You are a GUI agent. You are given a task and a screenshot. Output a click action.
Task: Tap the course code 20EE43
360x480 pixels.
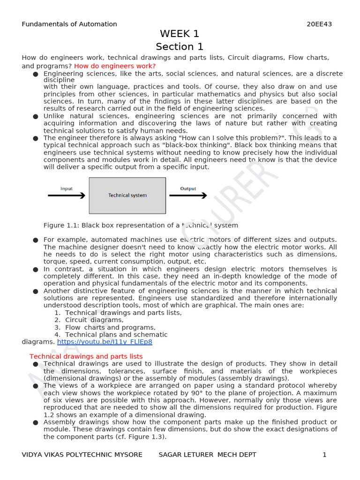[319, 24]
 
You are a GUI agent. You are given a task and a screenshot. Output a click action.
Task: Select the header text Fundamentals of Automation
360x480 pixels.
[69, 24]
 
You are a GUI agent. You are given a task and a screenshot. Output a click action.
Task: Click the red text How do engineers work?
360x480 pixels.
[115, 66]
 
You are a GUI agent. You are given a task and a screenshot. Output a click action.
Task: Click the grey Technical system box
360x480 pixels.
[127, 195]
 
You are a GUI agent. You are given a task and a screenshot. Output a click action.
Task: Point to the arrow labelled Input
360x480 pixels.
[67, 195]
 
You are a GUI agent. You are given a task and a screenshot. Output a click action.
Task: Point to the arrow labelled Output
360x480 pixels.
[188, 195]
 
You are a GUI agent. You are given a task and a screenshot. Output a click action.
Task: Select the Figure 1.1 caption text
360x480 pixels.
[141, 225]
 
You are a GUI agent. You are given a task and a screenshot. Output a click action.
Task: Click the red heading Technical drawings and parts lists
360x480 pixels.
[86, 357]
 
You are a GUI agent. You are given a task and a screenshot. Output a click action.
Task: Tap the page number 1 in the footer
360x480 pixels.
[324, 455]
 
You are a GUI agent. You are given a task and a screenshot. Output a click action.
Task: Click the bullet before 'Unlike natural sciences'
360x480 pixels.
[36, 116]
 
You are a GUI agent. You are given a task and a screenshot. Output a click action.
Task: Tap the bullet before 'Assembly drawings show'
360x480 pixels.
[36, 422]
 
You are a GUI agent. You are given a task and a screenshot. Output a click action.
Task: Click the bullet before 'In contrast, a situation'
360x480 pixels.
[36, 270]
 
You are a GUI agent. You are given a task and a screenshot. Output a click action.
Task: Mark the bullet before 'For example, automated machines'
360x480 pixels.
[36, 240]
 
